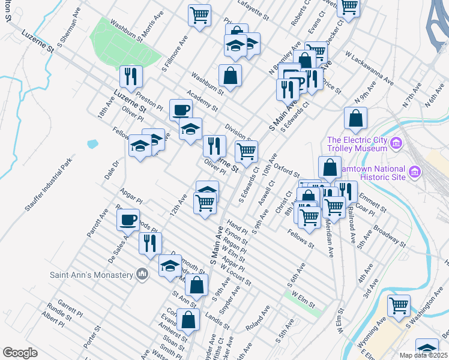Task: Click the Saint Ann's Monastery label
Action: click(x=91, y=275)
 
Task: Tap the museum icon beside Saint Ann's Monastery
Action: click(x=142, y=274)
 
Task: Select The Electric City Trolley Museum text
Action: click(x=357, y=144)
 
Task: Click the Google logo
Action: click(x=20, y=353)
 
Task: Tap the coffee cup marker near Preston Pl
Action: click(x=181, y=110)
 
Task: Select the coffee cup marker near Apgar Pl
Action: click(x=128, y=220)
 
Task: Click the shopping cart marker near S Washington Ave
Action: click(x=399, y=305)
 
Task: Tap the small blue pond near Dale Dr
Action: click(x=92, y=144)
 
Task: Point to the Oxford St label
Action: click(x=287, y=172)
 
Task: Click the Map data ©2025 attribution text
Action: click(x=423, y=355)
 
